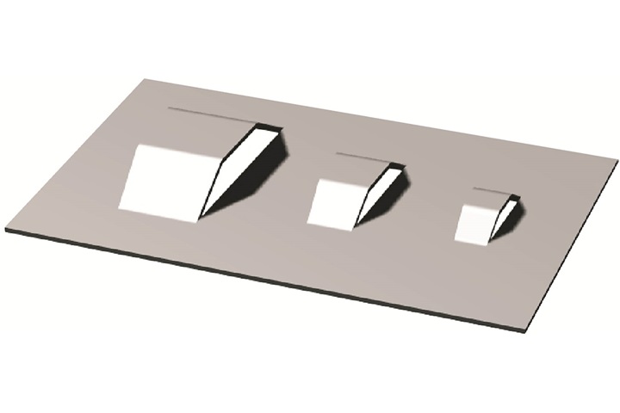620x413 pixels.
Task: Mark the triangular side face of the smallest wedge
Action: coord(502,215)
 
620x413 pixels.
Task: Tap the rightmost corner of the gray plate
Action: coord(617,160)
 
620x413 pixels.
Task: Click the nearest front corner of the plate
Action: coord(527,330)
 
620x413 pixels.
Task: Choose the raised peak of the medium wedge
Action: coord(398,166)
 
